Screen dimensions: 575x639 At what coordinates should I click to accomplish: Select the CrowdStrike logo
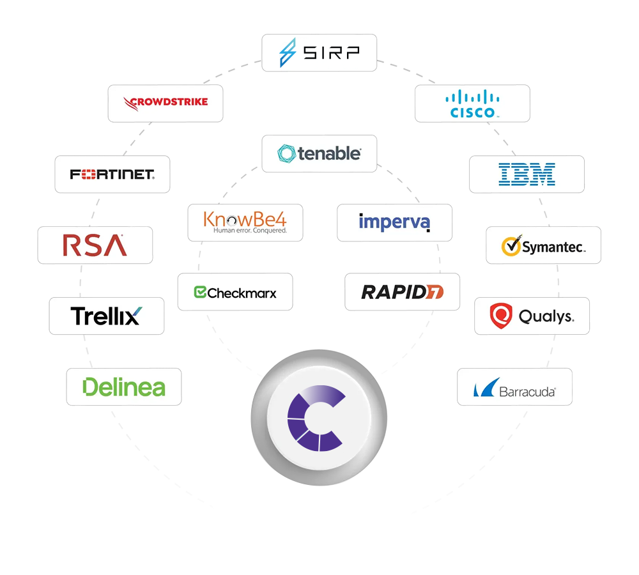pos(166,102)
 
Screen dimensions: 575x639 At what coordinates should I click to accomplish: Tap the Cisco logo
pos(472,103)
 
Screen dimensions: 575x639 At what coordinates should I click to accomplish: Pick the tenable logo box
pos(319,153)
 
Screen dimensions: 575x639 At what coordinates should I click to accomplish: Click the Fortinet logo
pos(112,174)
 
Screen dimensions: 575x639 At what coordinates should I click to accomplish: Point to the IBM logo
pos(527,174)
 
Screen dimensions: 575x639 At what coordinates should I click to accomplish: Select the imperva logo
pos(394,222)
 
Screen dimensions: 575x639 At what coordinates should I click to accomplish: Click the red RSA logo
pos(95,245)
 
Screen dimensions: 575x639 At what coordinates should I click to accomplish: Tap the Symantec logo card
pos(543,245)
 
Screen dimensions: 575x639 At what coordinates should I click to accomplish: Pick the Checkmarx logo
pos(235,293)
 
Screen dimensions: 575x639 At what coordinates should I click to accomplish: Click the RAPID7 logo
pos(402,293)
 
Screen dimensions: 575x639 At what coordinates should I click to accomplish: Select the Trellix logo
pos(107,316)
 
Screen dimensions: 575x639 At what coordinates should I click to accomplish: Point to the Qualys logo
pos(532,316)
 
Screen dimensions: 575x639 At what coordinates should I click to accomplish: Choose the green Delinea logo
pos(124,387)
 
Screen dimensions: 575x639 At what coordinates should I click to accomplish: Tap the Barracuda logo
pos(514,387)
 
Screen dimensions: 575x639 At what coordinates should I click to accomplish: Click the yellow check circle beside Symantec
pos(510,246)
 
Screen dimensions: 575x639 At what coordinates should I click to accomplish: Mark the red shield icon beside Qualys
pos(500,316)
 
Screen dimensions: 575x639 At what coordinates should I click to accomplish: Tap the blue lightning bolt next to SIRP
pos(288,52)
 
